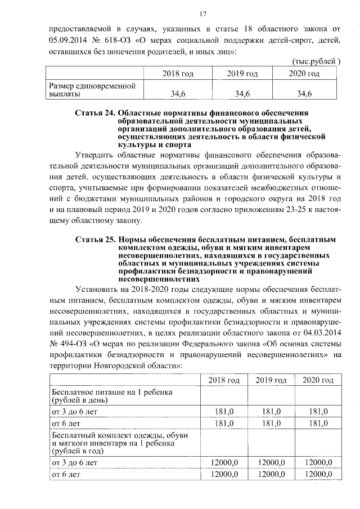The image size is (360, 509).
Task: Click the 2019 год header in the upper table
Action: pos(242,74)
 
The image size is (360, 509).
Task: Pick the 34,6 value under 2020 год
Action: pos(304,93)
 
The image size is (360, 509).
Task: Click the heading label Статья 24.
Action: pos(94,114)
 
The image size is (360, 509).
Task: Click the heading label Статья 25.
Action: pos(94,241)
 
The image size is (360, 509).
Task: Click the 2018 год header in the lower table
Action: pos(224,381)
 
